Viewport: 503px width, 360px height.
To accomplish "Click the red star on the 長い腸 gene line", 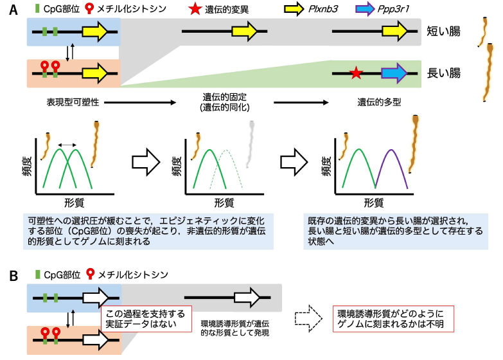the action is pyautogui.click(x=356, y=73).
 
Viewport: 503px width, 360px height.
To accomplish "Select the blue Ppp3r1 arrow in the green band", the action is pyautogui.click(x=394, y=73).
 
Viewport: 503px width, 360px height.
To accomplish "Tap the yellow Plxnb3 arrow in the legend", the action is pyautogui.click(x=294, y=8).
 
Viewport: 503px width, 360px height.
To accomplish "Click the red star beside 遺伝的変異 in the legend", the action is pyautogui.click(x=195, y=8).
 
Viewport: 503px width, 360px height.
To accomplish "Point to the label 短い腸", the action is pyautogui.click(x=443, y=32).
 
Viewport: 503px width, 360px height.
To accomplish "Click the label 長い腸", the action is pyautogui.click(x=443, y=73).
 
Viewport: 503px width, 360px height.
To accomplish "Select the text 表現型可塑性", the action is pyautogui.click(x=73, y=102).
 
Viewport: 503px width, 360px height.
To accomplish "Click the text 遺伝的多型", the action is pyautogui.click(x=379, y=102).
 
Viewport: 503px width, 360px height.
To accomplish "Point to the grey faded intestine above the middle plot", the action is pyautogui.click(x=251, y=144).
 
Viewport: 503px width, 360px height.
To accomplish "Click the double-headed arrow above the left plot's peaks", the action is pyautogui.click(x=67, y=145).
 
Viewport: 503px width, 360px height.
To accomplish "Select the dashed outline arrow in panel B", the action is pyautogui.click(x=308, y=318).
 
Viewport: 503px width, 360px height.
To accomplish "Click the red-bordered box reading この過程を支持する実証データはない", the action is pyautogui.click(x=146, y=319).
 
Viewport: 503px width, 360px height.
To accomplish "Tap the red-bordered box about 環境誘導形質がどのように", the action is pyautogui.click(x=393, y=319).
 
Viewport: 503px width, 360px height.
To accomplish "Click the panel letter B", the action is pyautogui.click(x=13, y=276).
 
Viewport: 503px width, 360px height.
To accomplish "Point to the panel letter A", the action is pyautogui.click(x=13, y=10).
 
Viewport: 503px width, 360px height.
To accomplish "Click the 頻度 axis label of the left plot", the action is pyautogui.click(x=27, y=166).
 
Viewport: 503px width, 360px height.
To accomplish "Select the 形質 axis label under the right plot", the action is pyautogui.click(x=373, y=203).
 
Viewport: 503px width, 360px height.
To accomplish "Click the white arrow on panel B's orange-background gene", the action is pyautogui.click(x=96, y=340).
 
